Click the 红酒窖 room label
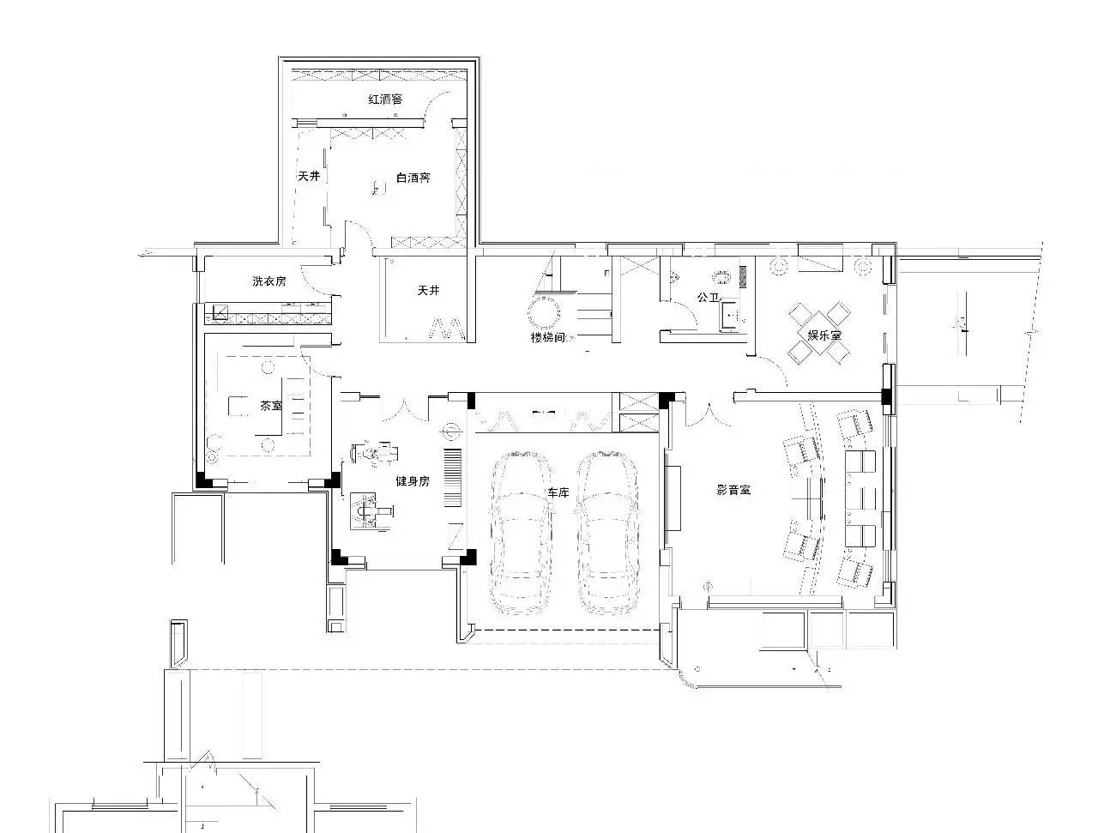pyautogui.click(x=385, y=99)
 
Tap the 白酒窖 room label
pyautogui.click(x=413, y=178)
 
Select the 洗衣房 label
pyautogui.click(x=269, y=281)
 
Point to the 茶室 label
pyautogui.click(x=271, y=406)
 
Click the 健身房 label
pyautogui.click(x=413, y=481)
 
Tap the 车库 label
pyautogui.click(x=558, y=492)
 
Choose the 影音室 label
pyautogui.click(x=733, y=490)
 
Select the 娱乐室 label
pyautogui.click(x=824, y=335)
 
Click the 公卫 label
pyautogui.click(x=709, y=298)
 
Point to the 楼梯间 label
pyautogui.click(x=548, y=338)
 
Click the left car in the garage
pyautogui.click(x=521, y=533)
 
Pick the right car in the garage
pyautogui.click(x=607, y=533)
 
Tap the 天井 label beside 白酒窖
pyautogui.click(x=309, y=176)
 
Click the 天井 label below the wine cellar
pyautogui.click(x=428, y=290)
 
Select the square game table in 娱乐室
pyautogui.click(x=819, y=333)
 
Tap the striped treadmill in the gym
pyautogui.click(x=452, y=478)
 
